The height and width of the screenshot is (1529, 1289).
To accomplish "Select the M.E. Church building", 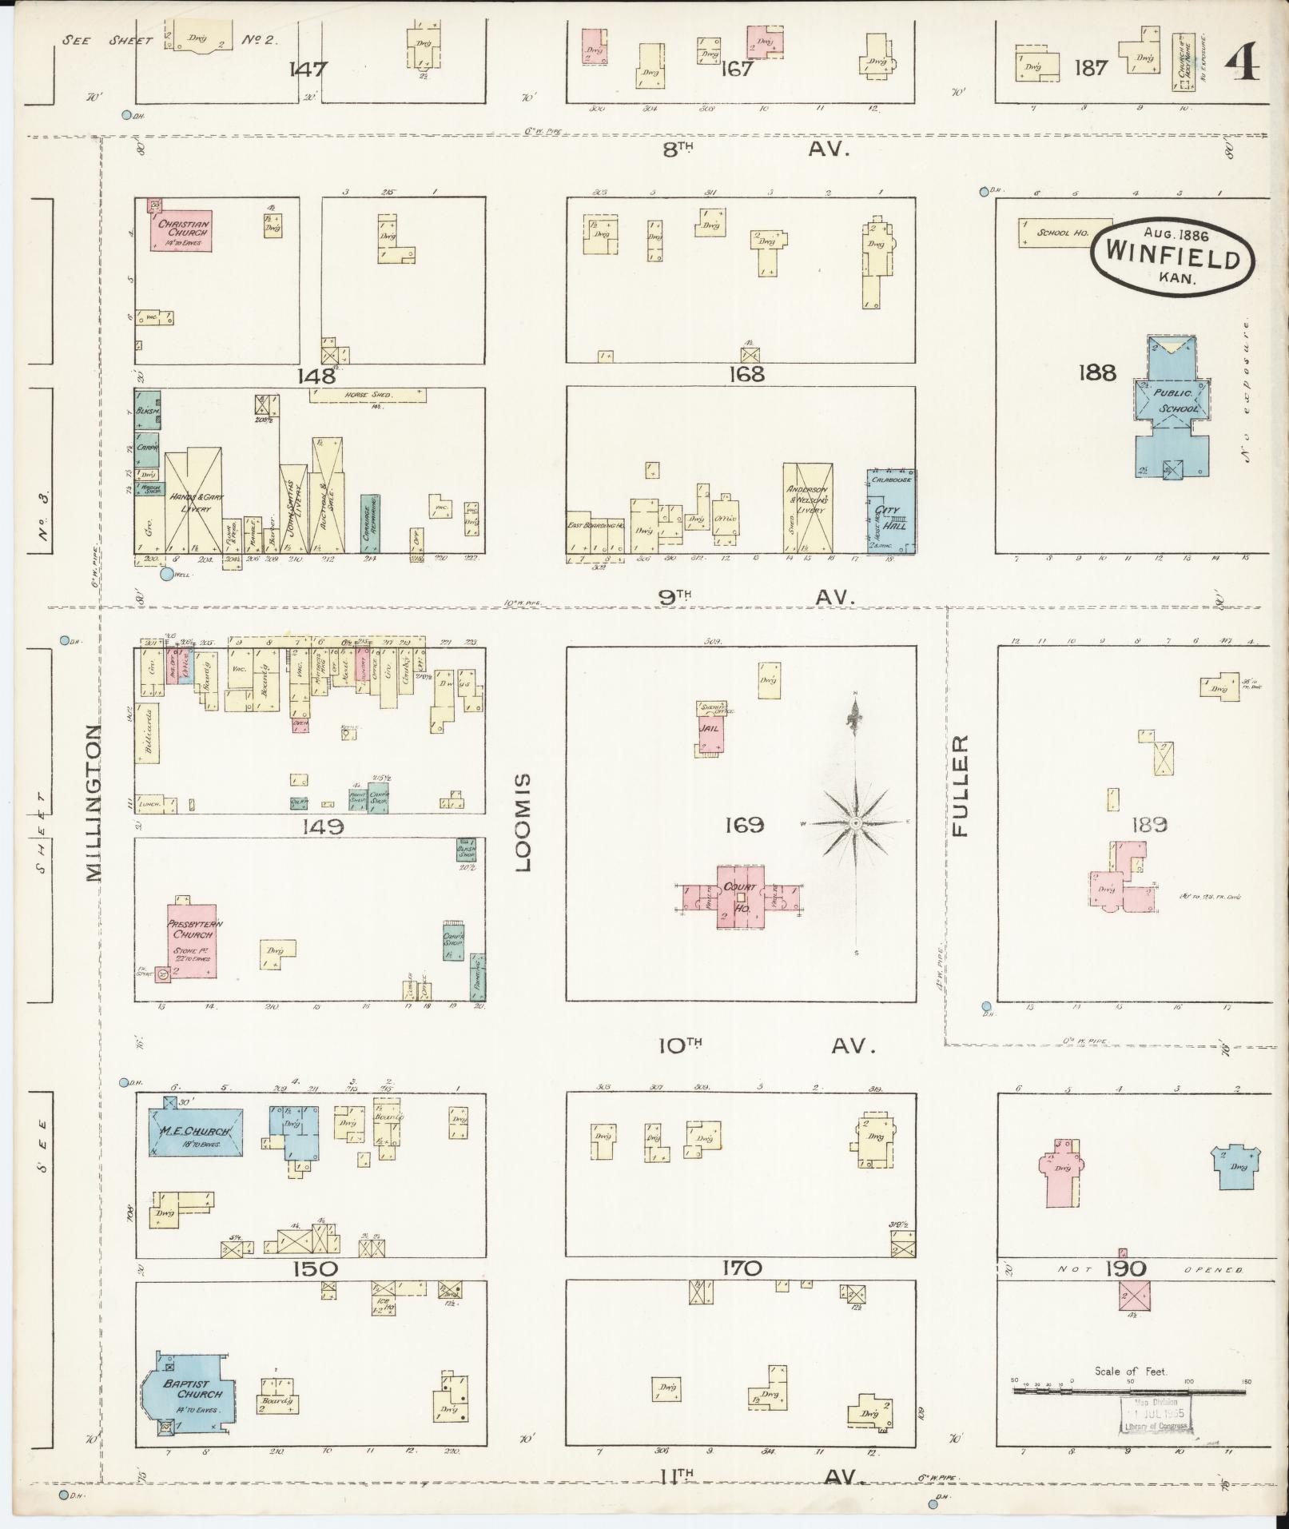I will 197,1132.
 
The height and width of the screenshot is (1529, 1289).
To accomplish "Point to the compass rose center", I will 855,822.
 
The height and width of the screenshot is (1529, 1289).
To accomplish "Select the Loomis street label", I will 523,822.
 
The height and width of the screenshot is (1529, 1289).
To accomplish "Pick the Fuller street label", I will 960,786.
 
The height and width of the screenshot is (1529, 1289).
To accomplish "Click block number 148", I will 320,376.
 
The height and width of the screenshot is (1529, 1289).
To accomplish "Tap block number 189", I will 1149,824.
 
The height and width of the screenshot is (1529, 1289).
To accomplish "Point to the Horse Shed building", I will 367,395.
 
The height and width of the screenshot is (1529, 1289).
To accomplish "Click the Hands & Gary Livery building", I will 193,503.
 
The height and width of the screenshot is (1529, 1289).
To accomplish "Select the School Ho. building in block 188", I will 1064,233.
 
